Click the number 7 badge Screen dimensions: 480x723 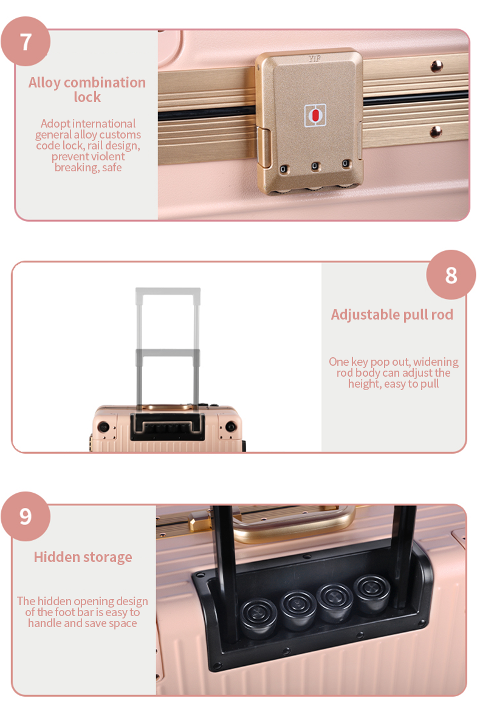tap(26, 41)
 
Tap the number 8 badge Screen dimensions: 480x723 tap(451, 275)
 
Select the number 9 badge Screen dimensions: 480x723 tap(26, 516)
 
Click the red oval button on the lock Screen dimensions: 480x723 tap(315, 115)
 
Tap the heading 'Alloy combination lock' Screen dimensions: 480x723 tap(87, 89)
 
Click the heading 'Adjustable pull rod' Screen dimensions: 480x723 tap(392, 315)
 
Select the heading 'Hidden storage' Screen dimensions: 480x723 tap(83, 557)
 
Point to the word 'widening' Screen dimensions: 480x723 tap(436, 361)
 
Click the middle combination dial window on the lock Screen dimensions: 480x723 tap(315, 166)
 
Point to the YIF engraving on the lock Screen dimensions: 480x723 tap(315, 58)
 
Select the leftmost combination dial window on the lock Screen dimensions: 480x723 tap(284, 170)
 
